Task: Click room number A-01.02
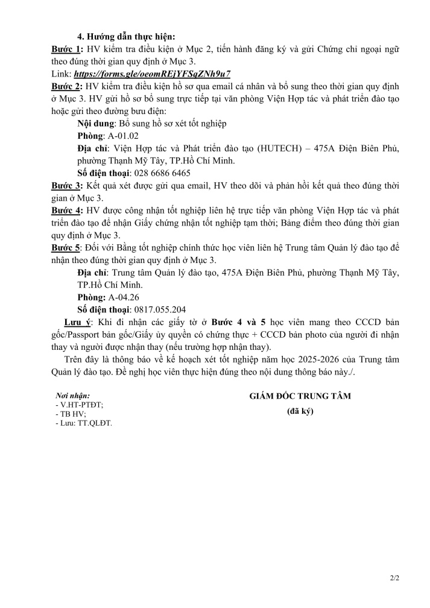pyautogui.click(x=123, y=136)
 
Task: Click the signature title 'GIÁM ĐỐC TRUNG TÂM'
pyautogui.click(x=300, y=396)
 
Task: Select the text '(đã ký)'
pyautogui.click(x=300, y=413)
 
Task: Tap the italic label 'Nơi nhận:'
pyautogui.click(x=72, y=396)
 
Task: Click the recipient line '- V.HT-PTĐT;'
pyautogui.click(x=79, y=405)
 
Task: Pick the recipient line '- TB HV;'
pyautogui.click(x=71, y=414)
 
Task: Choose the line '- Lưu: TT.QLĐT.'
pyautogui.click(x=83, y=423)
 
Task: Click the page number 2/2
pyautogui.click(x=395, y=578)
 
